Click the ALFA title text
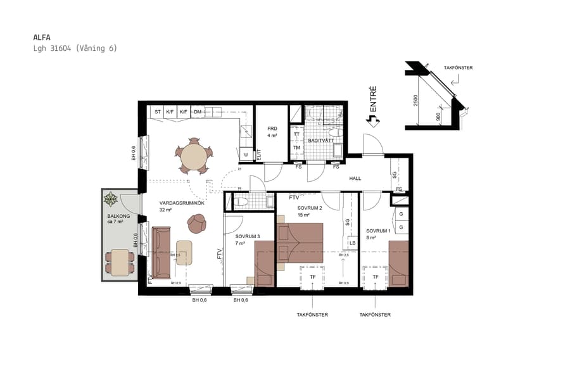(x=42, y=37)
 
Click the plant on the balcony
(x=111, y=199)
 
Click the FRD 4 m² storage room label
(x=272, y=132)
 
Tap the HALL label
(x=355, y=179)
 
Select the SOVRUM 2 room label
(x=310, y=208)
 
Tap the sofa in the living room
(x=161, y=253)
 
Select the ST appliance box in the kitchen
(x=157, y=112)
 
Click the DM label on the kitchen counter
(x=198, y=112)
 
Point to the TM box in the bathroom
(x=296, y=148)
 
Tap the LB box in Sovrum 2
(x=351, y=243)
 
